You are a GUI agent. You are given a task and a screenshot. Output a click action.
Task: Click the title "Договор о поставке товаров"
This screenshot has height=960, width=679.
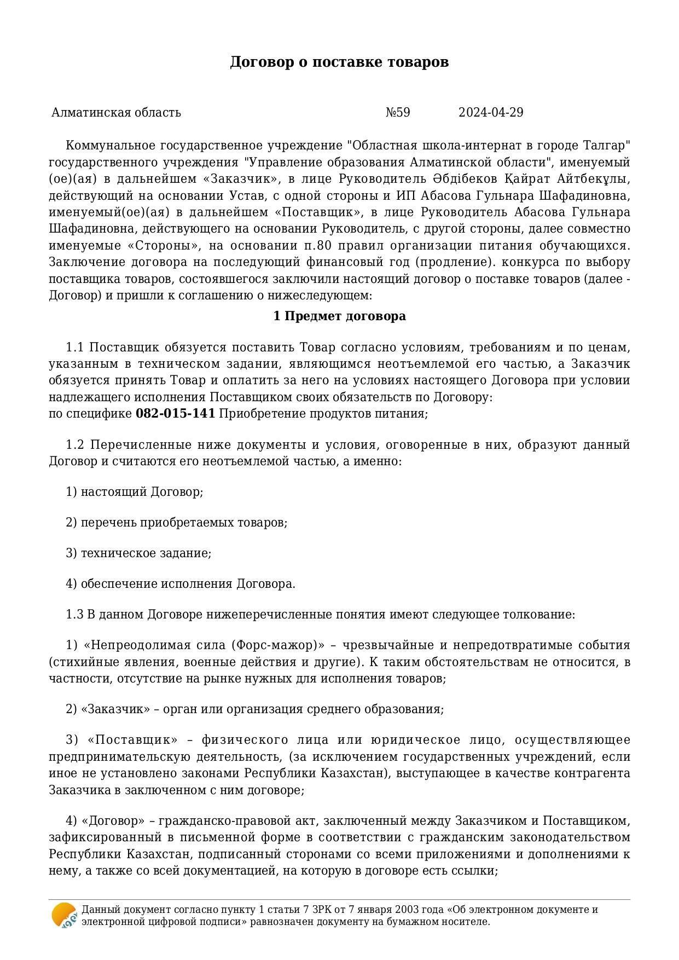point(339,62)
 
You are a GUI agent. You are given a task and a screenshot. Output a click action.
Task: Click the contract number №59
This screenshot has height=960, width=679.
point(398,113)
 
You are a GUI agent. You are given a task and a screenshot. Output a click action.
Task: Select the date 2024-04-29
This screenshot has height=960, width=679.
point(491,113)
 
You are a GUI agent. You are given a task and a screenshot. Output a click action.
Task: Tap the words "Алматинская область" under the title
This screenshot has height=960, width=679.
point(116,113)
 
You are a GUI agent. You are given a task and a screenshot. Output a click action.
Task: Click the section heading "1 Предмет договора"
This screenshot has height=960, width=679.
point(339,316)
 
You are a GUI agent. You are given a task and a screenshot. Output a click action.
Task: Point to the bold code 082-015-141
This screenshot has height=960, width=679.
point(175,414)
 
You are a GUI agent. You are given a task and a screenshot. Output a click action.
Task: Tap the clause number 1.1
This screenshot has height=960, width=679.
point(74,348)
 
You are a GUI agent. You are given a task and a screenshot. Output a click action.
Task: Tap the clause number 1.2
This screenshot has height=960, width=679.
point(74,444)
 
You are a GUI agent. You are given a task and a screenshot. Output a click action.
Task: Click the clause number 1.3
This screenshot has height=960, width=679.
point(74,615)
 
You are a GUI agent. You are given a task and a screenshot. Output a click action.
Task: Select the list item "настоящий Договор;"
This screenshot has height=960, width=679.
point(142,492)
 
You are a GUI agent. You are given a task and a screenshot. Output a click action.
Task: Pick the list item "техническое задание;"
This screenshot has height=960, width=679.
point(146,553)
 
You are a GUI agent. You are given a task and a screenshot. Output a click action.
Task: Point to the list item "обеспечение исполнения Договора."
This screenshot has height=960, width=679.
point(188,584)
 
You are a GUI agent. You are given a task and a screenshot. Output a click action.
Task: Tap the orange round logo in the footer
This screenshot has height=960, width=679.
point(63,915)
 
